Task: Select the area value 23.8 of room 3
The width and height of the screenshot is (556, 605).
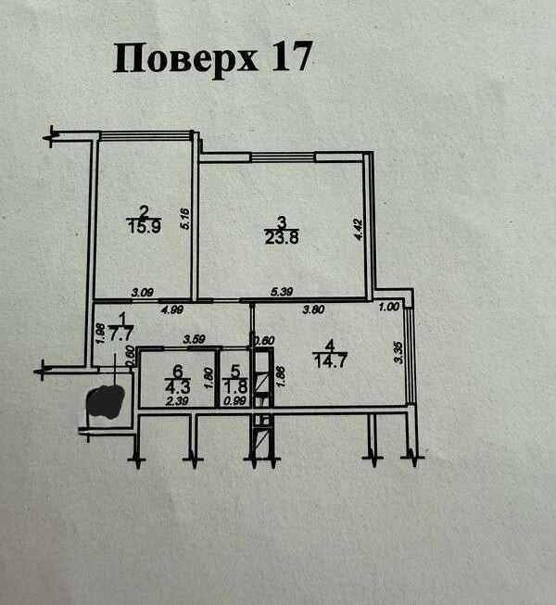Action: pyautogui.click(x=282, y=234)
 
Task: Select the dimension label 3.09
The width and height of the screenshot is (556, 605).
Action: pyautogui.click(x=142, y=293)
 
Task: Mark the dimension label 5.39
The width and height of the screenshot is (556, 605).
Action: pyautogui.click(x=281, y=293)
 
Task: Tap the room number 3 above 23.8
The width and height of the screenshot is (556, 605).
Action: pyautogui.click(x=281, y=220)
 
